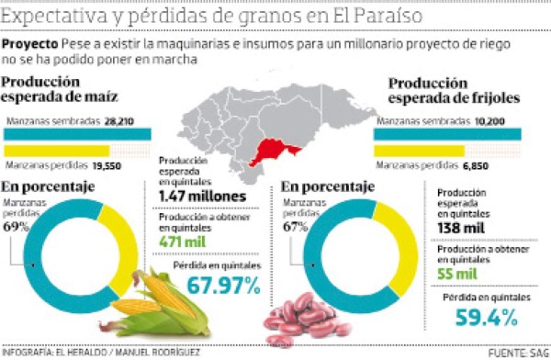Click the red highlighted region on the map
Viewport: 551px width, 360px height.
coord(276,150)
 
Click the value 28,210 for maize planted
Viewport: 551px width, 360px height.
coord(118,119)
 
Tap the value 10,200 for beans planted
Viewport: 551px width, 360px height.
coord(489,119)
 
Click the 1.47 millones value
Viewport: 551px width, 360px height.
coord(200,197)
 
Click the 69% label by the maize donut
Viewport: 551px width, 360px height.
coord(15,226)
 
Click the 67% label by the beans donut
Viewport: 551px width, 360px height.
coord(292,226)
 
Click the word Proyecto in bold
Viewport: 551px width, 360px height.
coord(29,44)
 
